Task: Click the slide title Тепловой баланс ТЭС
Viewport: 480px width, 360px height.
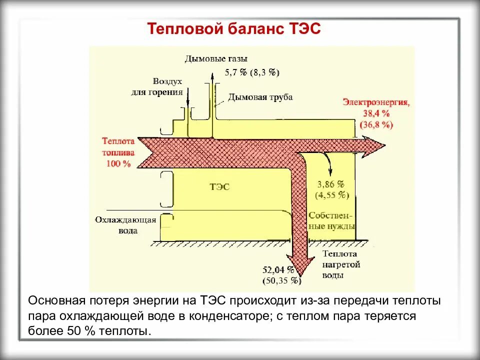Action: tap(233, 29)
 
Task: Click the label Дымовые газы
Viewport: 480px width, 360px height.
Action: tap(215, 59)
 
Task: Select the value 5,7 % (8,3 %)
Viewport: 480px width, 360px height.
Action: tap(252, 72)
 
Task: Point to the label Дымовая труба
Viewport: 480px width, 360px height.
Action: tap(260, 97)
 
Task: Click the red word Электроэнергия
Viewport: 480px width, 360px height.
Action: tap(376, 102)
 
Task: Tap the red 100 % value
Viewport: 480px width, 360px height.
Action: tap(118, 163)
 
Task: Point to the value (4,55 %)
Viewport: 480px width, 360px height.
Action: tap(331, 194)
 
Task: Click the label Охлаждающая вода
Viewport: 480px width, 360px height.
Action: tap(125, 225)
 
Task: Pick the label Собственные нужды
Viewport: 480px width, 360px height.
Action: tap(331, 220)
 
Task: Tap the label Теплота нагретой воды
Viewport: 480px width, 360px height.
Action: tap(338, 265)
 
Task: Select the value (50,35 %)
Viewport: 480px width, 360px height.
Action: tap(281, 281)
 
